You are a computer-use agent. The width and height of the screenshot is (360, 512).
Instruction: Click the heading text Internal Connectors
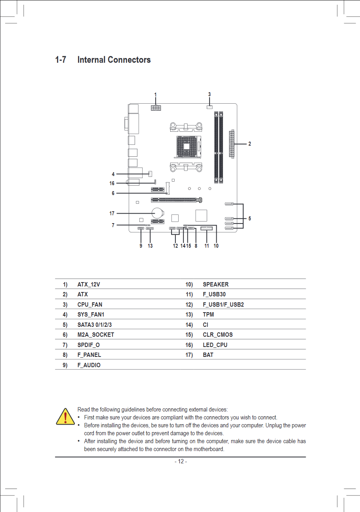pos(114,60)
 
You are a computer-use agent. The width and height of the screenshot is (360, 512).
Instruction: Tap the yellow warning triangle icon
pos(65,417)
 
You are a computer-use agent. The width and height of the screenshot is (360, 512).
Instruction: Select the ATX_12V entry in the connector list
pos(89,284)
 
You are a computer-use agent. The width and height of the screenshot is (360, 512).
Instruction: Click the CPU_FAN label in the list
pos(90,304)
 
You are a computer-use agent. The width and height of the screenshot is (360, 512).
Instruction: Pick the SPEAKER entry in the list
pos(216,284)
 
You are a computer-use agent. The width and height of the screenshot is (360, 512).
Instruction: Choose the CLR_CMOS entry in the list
pos(218,335)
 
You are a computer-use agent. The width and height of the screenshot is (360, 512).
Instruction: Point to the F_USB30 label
pos(214,294)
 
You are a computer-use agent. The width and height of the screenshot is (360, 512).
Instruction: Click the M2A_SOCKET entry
pos(95,335)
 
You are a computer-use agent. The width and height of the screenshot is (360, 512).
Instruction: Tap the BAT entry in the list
pos(208,355)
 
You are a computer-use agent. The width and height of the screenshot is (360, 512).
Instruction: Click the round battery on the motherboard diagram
pos(157,213)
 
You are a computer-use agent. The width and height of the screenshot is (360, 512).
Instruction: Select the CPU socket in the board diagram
pos(188,146)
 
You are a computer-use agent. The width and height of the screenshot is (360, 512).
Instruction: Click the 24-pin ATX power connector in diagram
pos(232,144)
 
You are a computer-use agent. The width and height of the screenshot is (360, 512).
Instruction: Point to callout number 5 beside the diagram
pos(250,218)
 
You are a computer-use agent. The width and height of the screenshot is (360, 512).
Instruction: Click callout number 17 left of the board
pos(112,213)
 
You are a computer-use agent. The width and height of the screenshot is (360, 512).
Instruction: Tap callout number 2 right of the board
pos(250,144)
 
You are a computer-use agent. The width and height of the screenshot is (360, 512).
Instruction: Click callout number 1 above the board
pos(156,95)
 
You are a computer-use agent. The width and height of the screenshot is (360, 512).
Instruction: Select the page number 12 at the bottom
pos(181,461)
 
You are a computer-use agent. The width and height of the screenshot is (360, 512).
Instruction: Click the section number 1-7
pos(61,60)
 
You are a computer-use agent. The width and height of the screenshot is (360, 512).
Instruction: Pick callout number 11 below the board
pos(206,246)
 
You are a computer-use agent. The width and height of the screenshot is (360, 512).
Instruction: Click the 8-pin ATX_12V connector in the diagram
pos(156,108)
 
